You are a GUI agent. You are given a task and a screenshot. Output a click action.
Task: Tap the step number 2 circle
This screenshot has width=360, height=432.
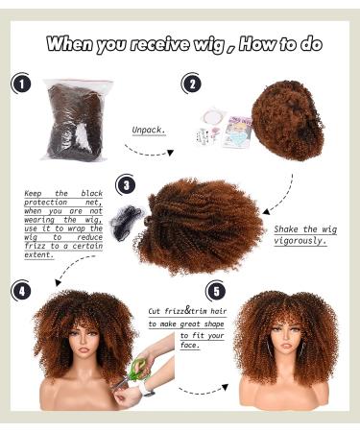[x=192, y=84]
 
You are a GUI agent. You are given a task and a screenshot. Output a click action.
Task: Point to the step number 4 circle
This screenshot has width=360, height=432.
[x=21, y=291]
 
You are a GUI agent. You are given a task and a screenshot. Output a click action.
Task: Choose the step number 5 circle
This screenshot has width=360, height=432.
[x=216, y=290]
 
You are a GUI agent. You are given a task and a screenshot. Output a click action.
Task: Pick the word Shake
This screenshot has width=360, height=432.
[x=286, y=228]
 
